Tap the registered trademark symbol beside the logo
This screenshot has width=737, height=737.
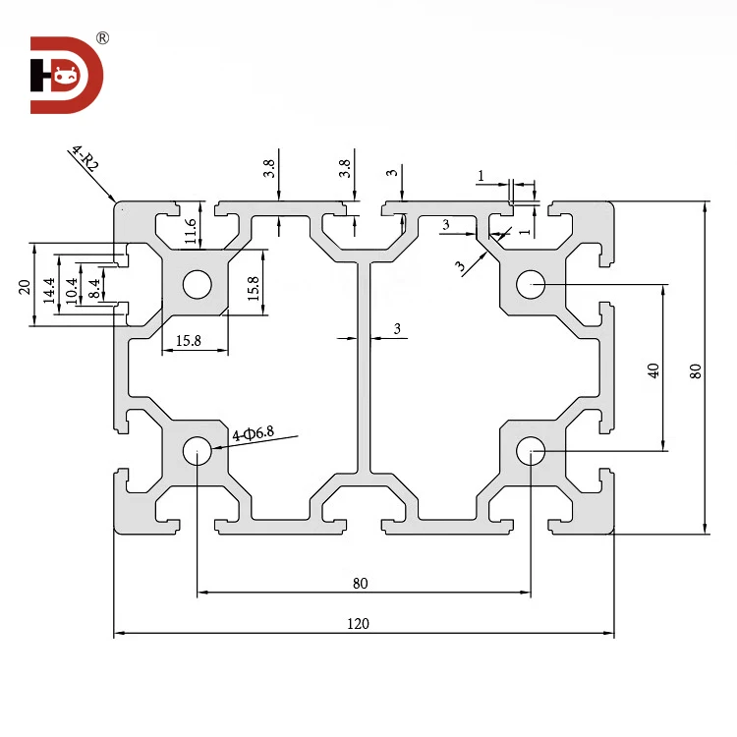[x=103, y=38]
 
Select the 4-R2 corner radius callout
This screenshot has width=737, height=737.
[x=85, y=159]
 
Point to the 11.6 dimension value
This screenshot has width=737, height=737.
[x=191, y=231]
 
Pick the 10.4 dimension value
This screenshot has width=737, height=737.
[x=70, y=288]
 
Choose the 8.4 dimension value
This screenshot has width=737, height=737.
[x=93, y=288]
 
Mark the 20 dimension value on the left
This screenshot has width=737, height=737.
[x=26, y=286]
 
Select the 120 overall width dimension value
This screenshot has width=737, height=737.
[x=359, y=623]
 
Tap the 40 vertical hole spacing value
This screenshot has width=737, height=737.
[x=653, y=369]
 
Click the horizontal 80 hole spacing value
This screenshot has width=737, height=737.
[x=360, y=583]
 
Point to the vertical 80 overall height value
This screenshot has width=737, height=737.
[x=695, y=370]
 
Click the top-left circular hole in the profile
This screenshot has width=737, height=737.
[x=197, y=285]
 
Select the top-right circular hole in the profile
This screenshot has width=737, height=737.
[x=531, y=285]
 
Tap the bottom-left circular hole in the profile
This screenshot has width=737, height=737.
[x=197, y=452]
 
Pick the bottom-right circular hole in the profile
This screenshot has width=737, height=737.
[x=531, y=452]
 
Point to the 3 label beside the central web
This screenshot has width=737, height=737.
[x=397, y=329]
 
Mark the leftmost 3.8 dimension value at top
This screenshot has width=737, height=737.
[x=268, y=168]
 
